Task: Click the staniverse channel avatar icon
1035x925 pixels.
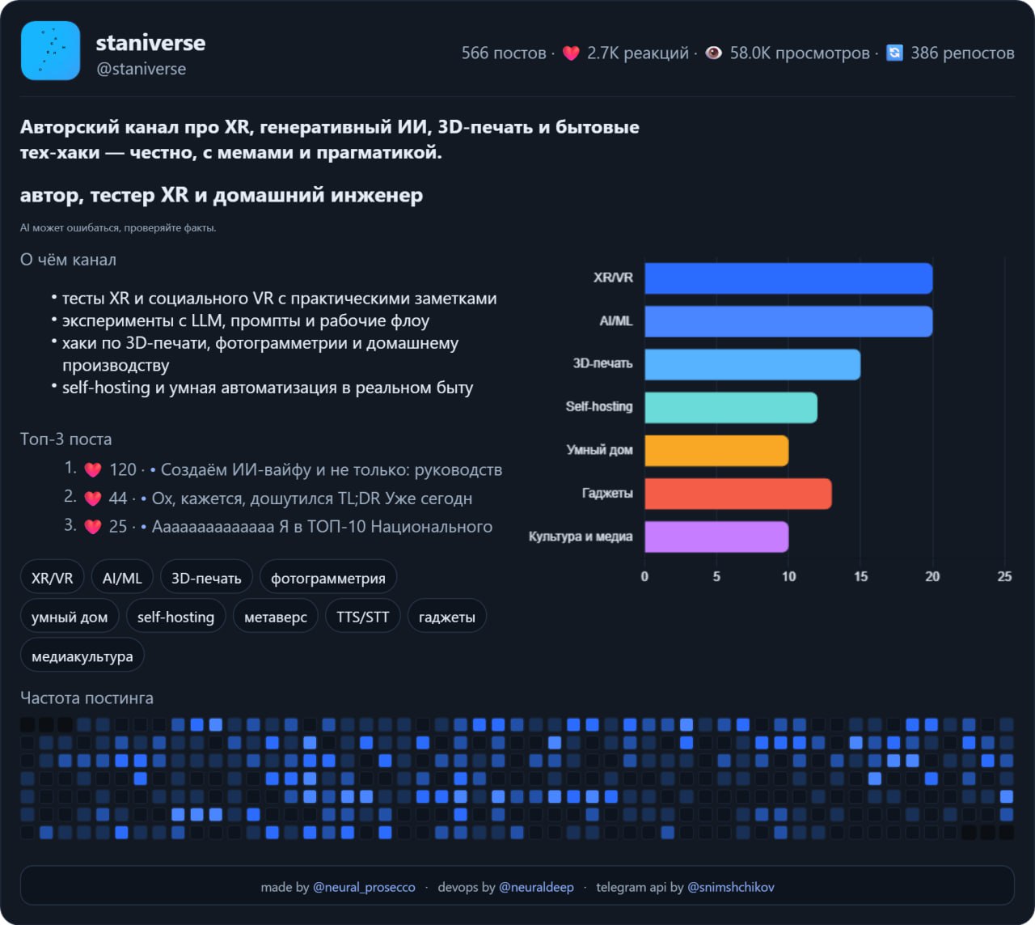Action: coord(50,51)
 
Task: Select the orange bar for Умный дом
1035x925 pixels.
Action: coord(716,451)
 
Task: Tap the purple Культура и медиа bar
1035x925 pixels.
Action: coord(716,537)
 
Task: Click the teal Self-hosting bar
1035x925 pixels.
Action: coord(731,407)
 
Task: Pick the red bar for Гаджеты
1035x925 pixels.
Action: coord(738,494)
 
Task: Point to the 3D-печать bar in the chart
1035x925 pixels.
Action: coord(752,364)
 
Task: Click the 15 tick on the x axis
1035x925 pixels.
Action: coord(860,576)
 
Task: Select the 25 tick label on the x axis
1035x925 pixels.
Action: coord(1004,576)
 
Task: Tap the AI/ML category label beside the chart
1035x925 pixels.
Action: coord(615,321)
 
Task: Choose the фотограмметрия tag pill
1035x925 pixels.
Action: coord(328,578)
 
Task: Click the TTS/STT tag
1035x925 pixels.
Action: coord(362,617)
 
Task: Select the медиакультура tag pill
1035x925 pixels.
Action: coord(82,656)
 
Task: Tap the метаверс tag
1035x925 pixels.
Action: coord(275,617)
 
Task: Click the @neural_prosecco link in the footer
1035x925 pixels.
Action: coord(364,887)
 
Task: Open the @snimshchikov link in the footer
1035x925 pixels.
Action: coord(730,887)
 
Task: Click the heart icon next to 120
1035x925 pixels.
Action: coord(93,470)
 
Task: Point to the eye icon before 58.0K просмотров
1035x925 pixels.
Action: coord(713,53)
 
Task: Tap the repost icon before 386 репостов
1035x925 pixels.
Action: coord(894,53)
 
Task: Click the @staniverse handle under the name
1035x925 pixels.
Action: coord(141,70)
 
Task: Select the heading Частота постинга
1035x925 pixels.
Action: coord(87,698)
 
